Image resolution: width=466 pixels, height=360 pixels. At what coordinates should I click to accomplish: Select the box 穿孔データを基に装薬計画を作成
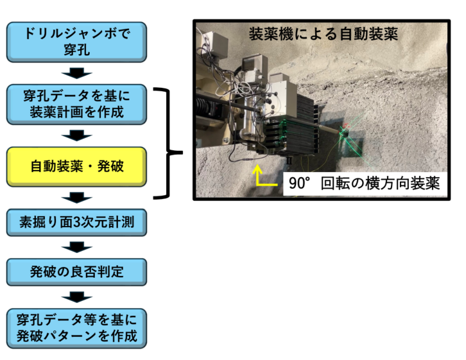pos(77,105)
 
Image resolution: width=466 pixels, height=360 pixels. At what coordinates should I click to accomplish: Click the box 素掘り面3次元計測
pos(77,222)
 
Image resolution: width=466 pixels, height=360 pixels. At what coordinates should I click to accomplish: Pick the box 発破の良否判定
pos(77,271)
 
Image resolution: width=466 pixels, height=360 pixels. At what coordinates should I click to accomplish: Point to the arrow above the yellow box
pos(77,135)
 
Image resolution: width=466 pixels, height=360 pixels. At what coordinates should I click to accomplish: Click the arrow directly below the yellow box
pos(77,197)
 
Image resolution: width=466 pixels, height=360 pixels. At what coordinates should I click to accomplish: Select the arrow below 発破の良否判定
pos(77,296)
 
